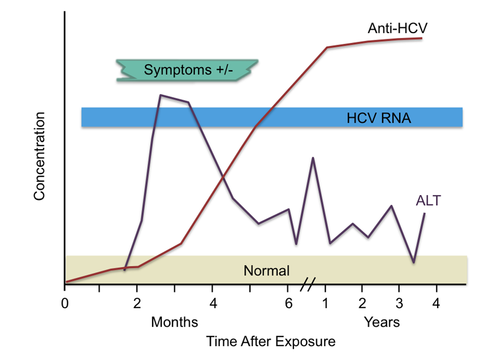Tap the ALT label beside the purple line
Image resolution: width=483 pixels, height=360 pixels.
[428, 201]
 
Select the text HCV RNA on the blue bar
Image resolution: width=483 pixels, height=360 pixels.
[379, 118]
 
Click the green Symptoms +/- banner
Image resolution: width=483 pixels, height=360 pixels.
[187, 70]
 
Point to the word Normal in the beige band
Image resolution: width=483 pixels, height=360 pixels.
[266, 271]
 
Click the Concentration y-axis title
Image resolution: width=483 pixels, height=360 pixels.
[40, 156]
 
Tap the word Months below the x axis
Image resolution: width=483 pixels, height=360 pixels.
[174, 321]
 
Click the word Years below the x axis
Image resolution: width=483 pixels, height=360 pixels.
[382, 321]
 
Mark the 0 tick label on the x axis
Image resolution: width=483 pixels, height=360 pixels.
[65, 302]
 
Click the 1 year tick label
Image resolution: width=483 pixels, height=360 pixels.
[326, 302]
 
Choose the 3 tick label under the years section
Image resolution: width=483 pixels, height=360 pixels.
[399, 302]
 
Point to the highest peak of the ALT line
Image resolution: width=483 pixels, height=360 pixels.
[160, 95]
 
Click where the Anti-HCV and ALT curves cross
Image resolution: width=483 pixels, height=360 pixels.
[223, 177]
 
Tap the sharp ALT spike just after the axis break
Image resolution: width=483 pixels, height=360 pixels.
[313, 158]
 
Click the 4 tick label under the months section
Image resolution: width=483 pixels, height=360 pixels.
[212, 302]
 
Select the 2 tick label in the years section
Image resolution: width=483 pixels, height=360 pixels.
[362, 302]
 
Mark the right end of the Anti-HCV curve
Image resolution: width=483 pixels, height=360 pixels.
[421, 38]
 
